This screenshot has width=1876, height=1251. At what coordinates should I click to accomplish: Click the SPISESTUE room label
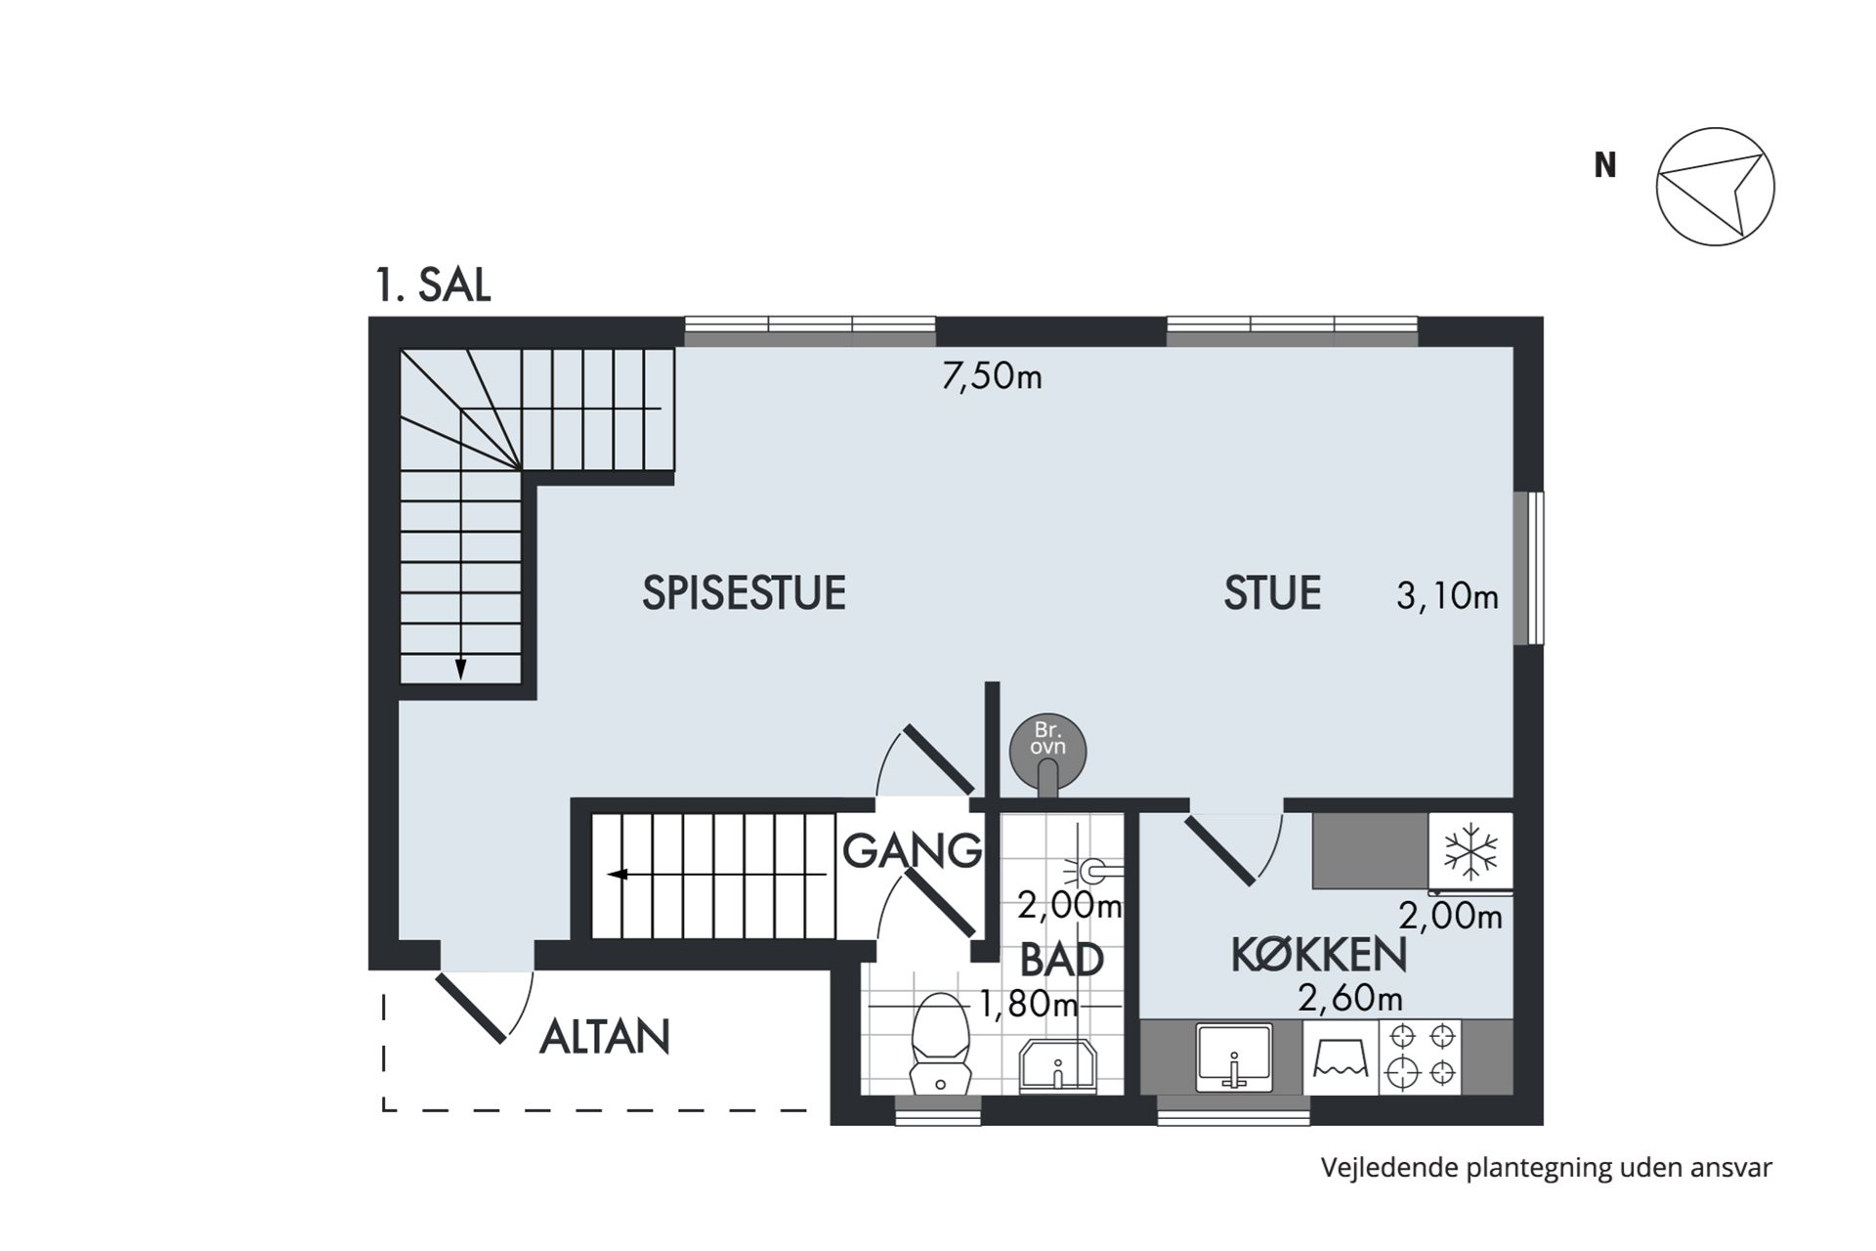(x=744, y=593)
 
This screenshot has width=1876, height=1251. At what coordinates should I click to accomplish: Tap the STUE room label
(x=1272, y=593)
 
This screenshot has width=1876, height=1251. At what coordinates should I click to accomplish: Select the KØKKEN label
(x=1319, y=955)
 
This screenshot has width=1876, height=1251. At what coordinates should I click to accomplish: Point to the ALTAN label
(x=605, y=1037)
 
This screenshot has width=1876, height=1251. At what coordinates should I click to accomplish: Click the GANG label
(x=912, y=850)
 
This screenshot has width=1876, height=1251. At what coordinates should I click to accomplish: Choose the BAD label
(x=1062, y=960)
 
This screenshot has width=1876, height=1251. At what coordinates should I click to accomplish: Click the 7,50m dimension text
(x=992, y=376)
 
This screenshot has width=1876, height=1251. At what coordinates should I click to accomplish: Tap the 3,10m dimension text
(x=1447, y=595)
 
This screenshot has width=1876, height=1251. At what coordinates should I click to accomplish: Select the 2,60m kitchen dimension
(x=1350, y=998)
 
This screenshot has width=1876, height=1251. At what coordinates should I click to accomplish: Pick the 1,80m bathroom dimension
(x=1029, y=1004)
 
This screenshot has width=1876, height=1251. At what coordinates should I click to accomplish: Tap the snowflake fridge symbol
(x=1471, y=848)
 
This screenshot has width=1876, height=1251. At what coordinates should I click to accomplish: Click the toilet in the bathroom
(x=940, y=1044)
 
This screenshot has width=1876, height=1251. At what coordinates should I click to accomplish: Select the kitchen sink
(x=1235, y=1057)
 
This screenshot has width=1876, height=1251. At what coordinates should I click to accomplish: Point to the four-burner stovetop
(x=1421, y=1057)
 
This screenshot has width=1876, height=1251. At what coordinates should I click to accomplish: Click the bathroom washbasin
(x=1058, y=1067)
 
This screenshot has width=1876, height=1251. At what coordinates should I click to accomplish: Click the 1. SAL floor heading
(x=433, y=285)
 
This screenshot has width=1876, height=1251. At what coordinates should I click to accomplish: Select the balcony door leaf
(x=471, y=1008)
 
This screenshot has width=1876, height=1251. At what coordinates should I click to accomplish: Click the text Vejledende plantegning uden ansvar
(x=1546, y=1168)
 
